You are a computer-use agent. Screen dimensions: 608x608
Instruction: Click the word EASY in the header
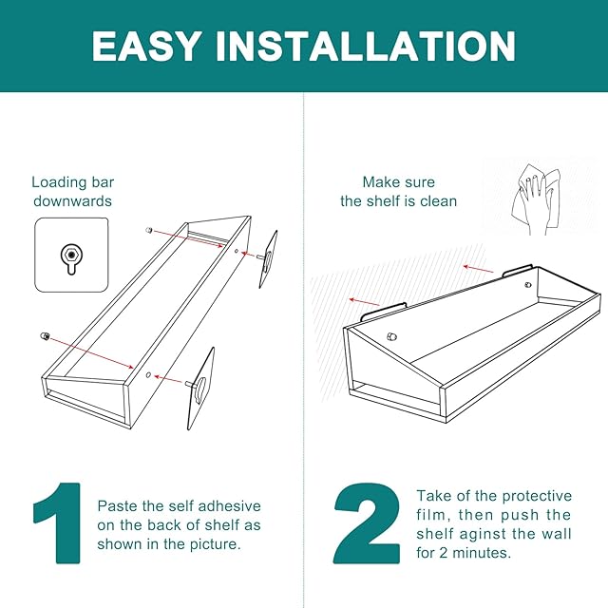pos(146,46)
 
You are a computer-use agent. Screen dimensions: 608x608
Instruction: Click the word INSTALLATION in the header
pos(366,46)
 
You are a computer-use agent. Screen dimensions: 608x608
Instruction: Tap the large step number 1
pos(59,523)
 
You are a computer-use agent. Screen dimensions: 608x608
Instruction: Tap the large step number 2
pos(367,523)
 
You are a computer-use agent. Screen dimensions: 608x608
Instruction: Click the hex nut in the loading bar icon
pos(72,255)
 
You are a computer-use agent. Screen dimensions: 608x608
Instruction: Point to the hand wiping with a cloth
pos(535,199)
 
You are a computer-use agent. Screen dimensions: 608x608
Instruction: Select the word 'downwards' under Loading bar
pos(72,201)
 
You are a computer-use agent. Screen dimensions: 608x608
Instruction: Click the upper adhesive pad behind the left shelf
pos(268,259)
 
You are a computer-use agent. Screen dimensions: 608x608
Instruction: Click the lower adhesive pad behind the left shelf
pos(200,389)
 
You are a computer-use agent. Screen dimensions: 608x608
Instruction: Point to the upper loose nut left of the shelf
pos(148,230)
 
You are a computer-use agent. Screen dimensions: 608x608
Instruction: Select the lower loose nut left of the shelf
pos(45,335)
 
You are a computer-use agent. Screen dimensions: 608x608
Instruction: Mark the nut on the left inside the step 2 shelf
pos(391,336)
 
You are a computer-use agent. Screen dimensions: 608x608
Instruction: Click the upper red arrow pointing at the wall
pos(479,269)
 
